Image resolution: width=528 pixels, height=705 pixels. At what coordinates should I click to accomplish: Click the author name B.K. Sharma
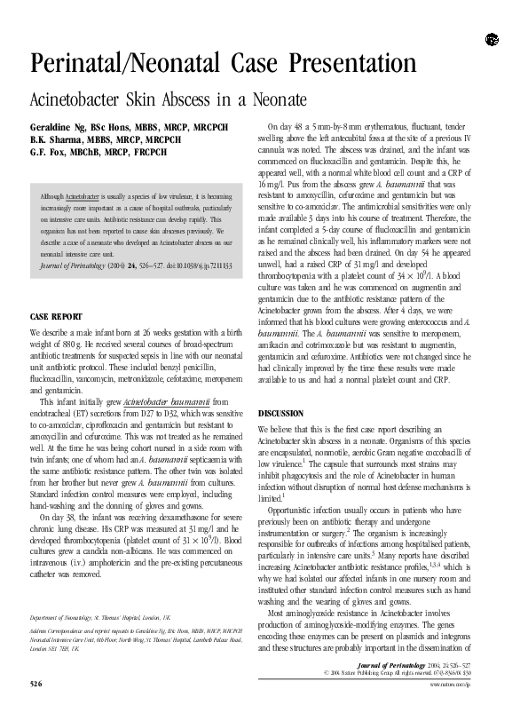click(54, 139)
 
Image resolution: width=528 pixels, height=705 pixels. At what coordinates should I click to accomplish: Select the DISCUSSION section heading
click(280, 414)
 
